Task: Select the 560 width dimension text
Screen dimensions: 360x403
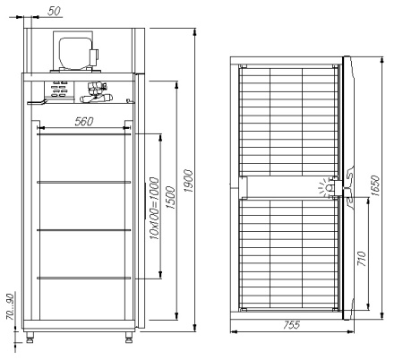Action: pos(86,121)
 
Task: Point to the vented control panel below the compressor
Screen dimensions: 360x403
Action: pos(60,90)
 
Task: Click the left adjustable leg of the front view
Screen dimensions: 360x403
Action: pos(34,339)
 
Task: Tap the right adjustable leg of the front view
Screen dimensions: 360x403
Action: pos(125,339)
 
